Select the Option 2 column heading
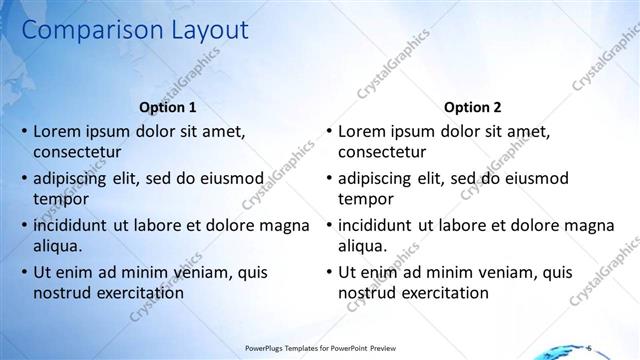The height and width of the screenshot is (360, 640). [472, 107]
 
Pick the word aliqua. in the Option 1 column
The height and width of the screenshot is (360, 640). [58, 246]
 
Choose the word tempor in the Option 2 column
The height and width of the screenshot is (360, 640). [362, 199]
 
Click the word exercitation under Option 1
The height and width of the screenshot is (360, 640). [136, 293]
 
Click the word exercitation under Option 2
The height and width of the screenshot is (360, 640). [441, 293]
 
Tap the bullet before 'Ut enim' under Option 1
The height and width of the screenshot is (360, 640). [23, 272]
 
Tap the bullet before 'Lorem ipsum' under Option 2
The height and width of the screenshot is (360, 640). [328, 131]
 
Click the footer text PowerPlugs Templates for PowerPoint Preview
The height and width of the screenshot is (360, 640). [316, 348]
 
